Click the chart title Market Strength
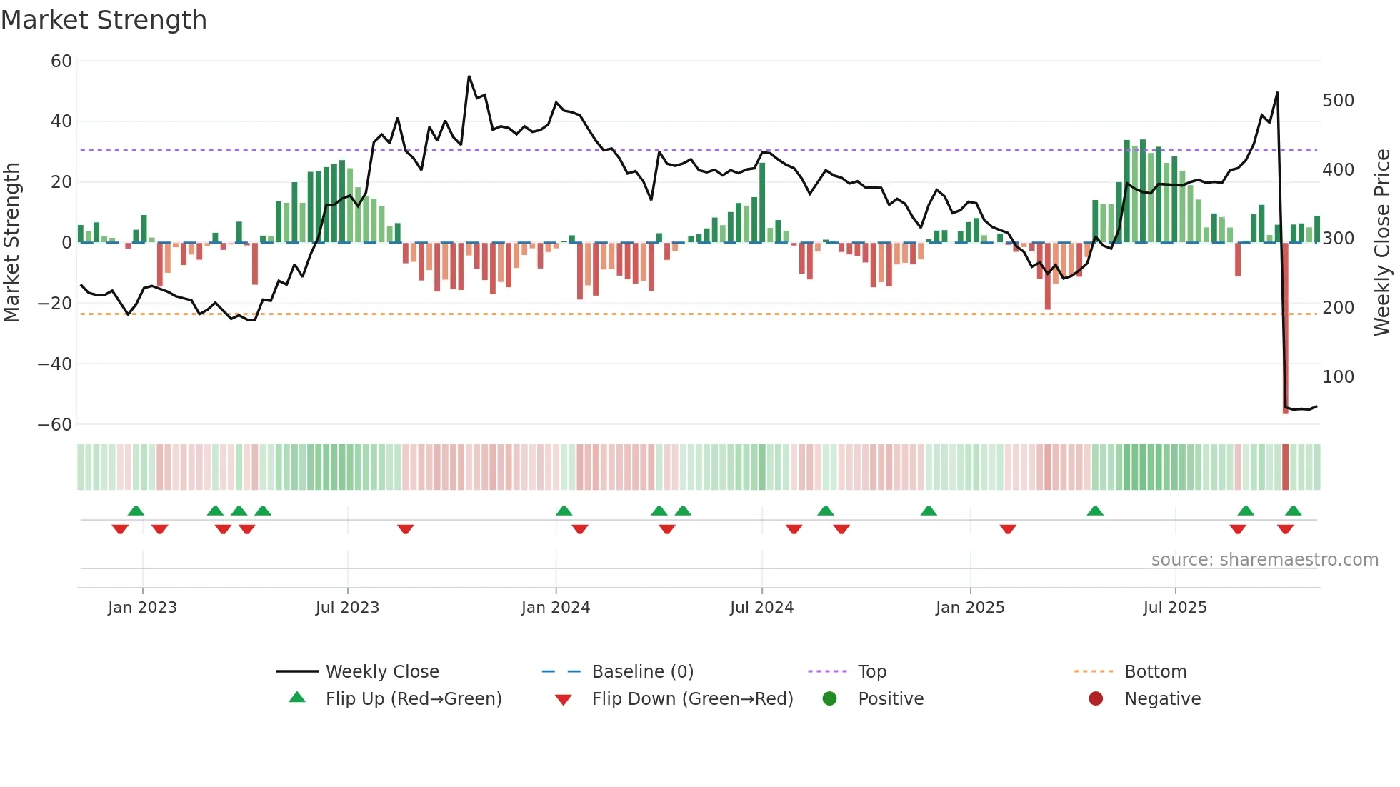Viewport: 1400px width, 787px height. (x=104, y=20)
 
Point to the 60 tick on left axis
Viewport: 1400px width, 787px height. (x=61, y=61)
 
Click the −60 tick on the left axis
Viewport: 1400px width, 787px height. (x=55, y=425)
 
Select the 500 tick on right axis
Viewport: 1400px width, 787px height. (x=1338, y=101)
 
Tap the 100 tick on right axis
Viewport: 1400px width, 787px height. (x=1338, y=377)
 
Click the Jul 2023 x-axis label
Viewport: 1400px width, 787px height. (x=347, y=608)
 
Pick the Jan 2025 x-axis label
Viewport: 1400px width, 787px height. (x=970, y=608)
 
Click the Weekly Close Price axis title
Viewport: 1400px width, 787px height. (x=1382, y=243)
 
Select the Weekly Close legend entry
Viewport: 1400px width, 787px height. (x=382, y=672)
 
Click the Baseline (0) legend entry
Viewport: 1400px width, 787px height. (x=643, y=672)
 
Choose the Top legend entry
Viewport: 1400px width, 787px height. (x=872, y=672)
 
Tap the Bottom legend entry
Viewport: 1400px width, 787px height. (x=1155, y=672)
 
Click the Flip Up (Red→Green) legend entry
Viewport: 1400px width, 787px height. (x=414, y=699)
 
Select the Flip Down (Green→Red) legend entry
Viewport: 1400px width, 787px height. (x=692, y=699)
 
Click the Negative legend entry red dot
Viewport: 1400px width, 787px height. (x=1096, y=699)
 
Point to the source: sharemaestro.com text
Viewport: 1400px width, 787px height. (x=1264, y=560)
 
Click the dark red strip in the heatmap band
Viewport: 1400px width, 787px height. (x=1286, y=467)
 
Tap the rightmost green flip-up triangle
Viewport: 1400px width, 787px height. (x=1293, y=511)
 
